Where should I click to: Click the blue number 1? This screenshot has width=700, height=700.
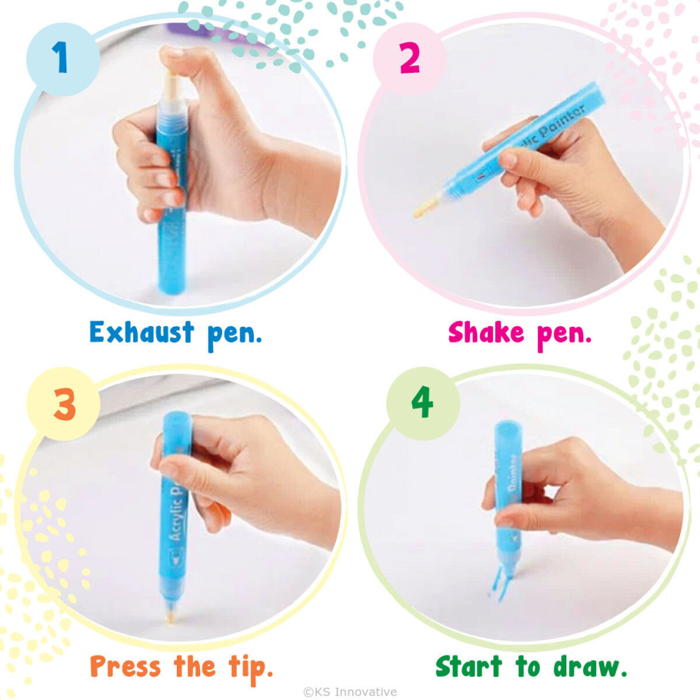click(60, 57)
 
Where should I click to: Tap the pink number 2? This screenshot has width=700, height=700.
click(409, 57)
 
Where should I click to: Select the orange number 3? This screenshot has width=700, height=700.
click(65, 404)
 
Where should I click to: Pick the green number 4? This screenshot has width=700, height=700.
click(422, 402)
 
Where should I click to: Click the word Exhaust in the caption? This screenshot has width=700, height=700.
click(142, 332)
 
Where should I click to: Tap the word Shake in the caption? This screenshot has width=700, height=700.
click(486, 332)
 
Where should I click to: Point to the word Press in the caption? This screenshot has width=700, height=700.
click(125, 667)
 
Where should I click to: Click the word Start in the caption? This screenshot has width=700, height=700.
click(468, 667)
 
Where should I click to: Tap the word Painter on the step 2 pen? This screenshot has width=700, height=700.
click(561, 122)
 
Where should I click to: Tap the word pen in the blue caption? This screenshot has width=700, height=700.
click(234, 335)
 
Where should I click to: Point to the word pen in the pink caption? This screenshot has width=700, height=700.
click(564, 335)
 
